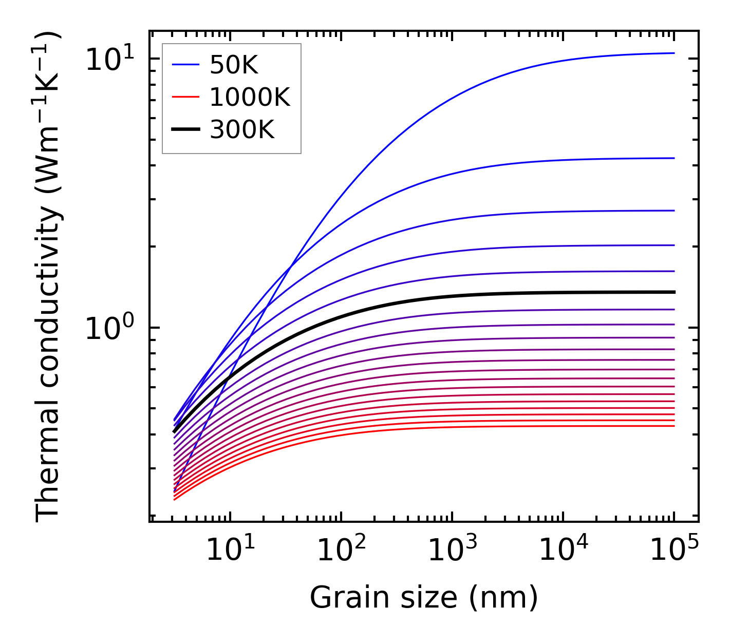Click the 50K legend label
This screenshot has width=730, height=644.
[x=234, y=65]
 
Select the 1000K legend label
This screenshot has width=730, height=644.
[x=250, y=97]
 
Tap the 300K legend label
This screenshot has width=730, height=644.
[x=242, y=130]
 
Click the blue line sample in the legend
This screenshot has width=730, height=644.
[x=185, y=65]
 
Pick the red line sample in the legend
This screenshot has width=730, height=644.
[x=185, y=97]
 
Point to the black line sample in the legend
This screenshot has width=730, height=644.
[x=185, y=130]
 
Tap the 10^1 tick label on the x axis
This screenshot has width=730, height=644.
[x=230, y=549]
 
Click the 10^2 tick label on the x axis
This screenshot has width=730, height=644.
[x=341, y=549]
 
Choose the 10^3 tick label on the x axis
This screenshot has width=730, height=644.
[x=452, y=549]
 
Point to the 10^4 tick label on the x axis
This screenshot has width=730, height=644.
[x=563, y=549]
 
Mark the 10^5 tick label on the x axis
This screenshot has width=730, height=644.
[x=674, y=549]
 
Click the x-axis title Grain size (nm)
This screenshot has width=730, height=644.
[x=424, y=598]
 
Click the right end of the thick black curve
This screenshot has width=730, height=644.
[x=673, y=292]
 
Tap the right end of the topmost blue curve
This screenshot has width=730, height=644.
[x=673, y=53]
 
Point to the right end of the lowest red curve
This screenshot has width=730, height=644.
[x=673, y=426]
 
